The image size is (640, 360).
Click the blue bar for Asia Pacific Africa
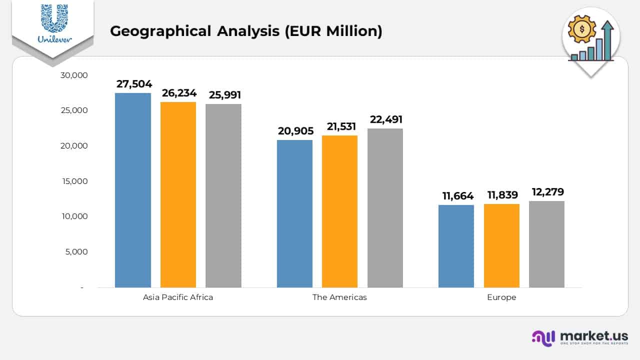coord(133,190)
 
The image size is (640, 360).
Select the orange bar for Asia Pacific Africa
coord(178,194)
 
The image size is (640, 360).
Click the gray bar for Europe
coord(546,244)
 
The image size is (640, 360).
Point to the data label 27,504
coord(134,84)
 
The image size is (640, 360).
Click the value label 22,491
coord(386,119)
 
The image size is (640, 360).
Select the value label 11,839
coord(502,195)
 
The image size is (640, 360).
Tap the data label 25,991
coord(225,95)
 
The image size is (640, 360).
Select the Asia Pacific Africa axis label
coord(178,297)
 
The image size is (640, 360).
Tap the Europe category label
coord(501,297)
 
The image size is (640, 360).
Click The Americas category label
coord(339,297)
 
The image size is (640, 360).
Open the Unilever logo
coord(54,24)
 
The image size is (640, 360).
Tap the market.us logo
coord(580,337)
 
